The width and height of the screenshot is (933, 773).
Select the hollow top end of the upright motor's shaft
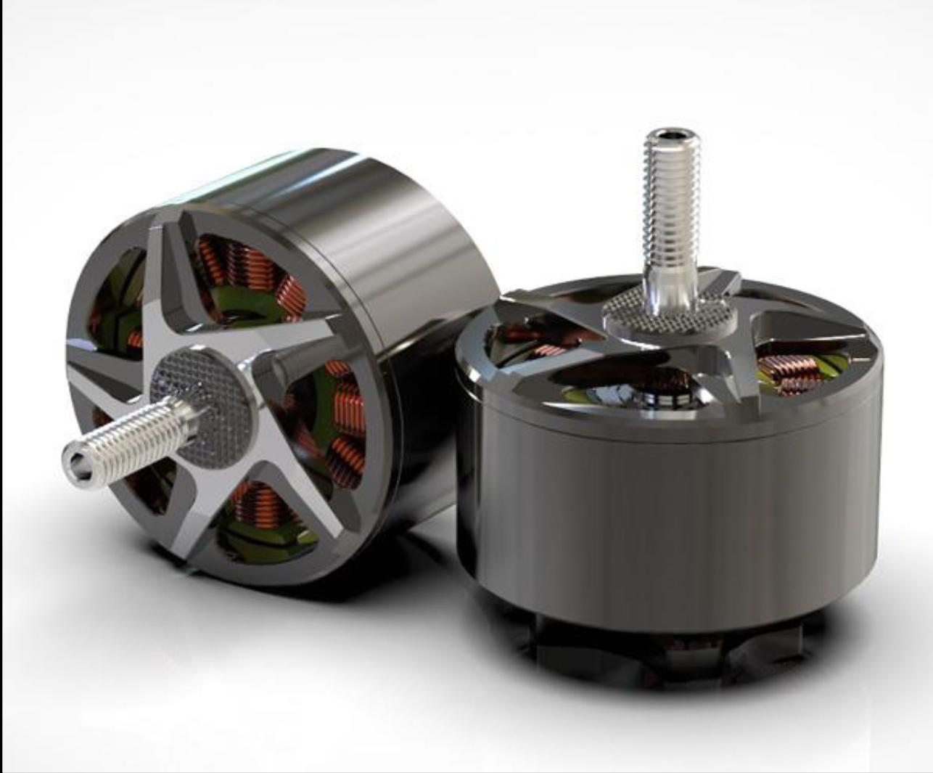click(x=667, y=136)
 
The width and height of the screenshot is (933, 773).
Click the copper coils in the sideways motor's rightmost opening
click(x=345, y=406)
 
